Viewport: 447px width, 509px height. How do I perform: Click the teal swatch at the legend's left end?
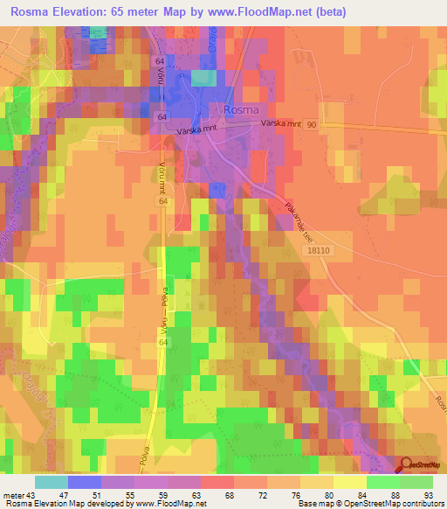tap(51, 482)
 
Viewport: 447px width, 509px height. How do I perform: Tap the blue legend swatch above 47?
tap(84, 482)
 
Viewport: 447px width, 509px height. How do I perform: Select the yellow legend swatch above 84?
tap(349, 482)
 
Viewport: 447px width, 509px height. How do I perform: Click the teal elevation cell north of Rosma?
tap(203, 79)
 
